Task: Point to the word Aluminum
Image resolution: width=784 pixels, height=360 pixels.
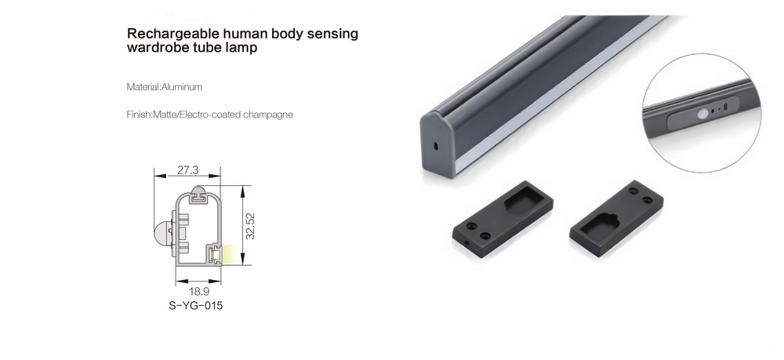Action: pyautogui.click(x=182, y=87)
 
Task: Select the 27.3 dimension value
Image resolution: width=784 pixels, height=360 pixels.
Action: pyautogui.click(x=187, y=170)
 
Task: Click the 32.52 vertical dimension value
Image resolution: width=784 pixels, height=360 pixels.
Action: pyautogui.click(x=250, y=226)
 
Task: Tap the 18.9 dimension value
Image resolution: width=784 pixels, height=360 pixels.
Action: pyautogui.click(x=199, y=292)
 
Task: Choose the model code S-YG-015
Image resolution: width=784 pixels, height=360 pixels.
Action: pyautogui.click(x=195, y=306)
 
